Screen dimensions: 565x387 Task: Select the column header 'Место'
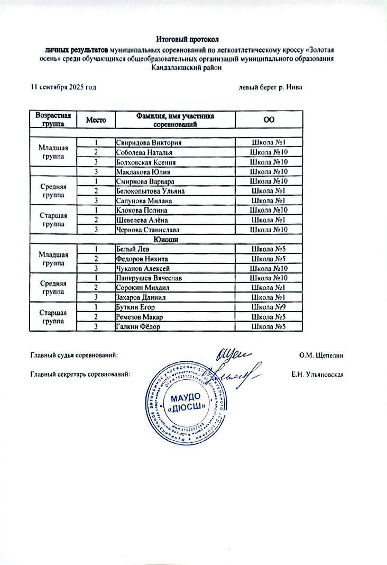pos(97,120)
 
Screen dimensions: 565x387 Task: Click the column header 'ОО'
pos(269,120)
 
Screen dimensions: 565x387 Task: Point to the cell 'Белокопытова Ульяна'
pos(151,190)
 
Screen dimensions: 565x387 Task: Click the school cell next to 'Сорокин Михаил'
pos(269,288)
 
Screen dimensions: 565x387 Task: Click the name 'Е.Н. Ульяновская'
pos(318,375)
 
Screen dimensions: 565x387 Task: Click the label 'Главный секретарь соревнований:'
pos(80,375)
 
